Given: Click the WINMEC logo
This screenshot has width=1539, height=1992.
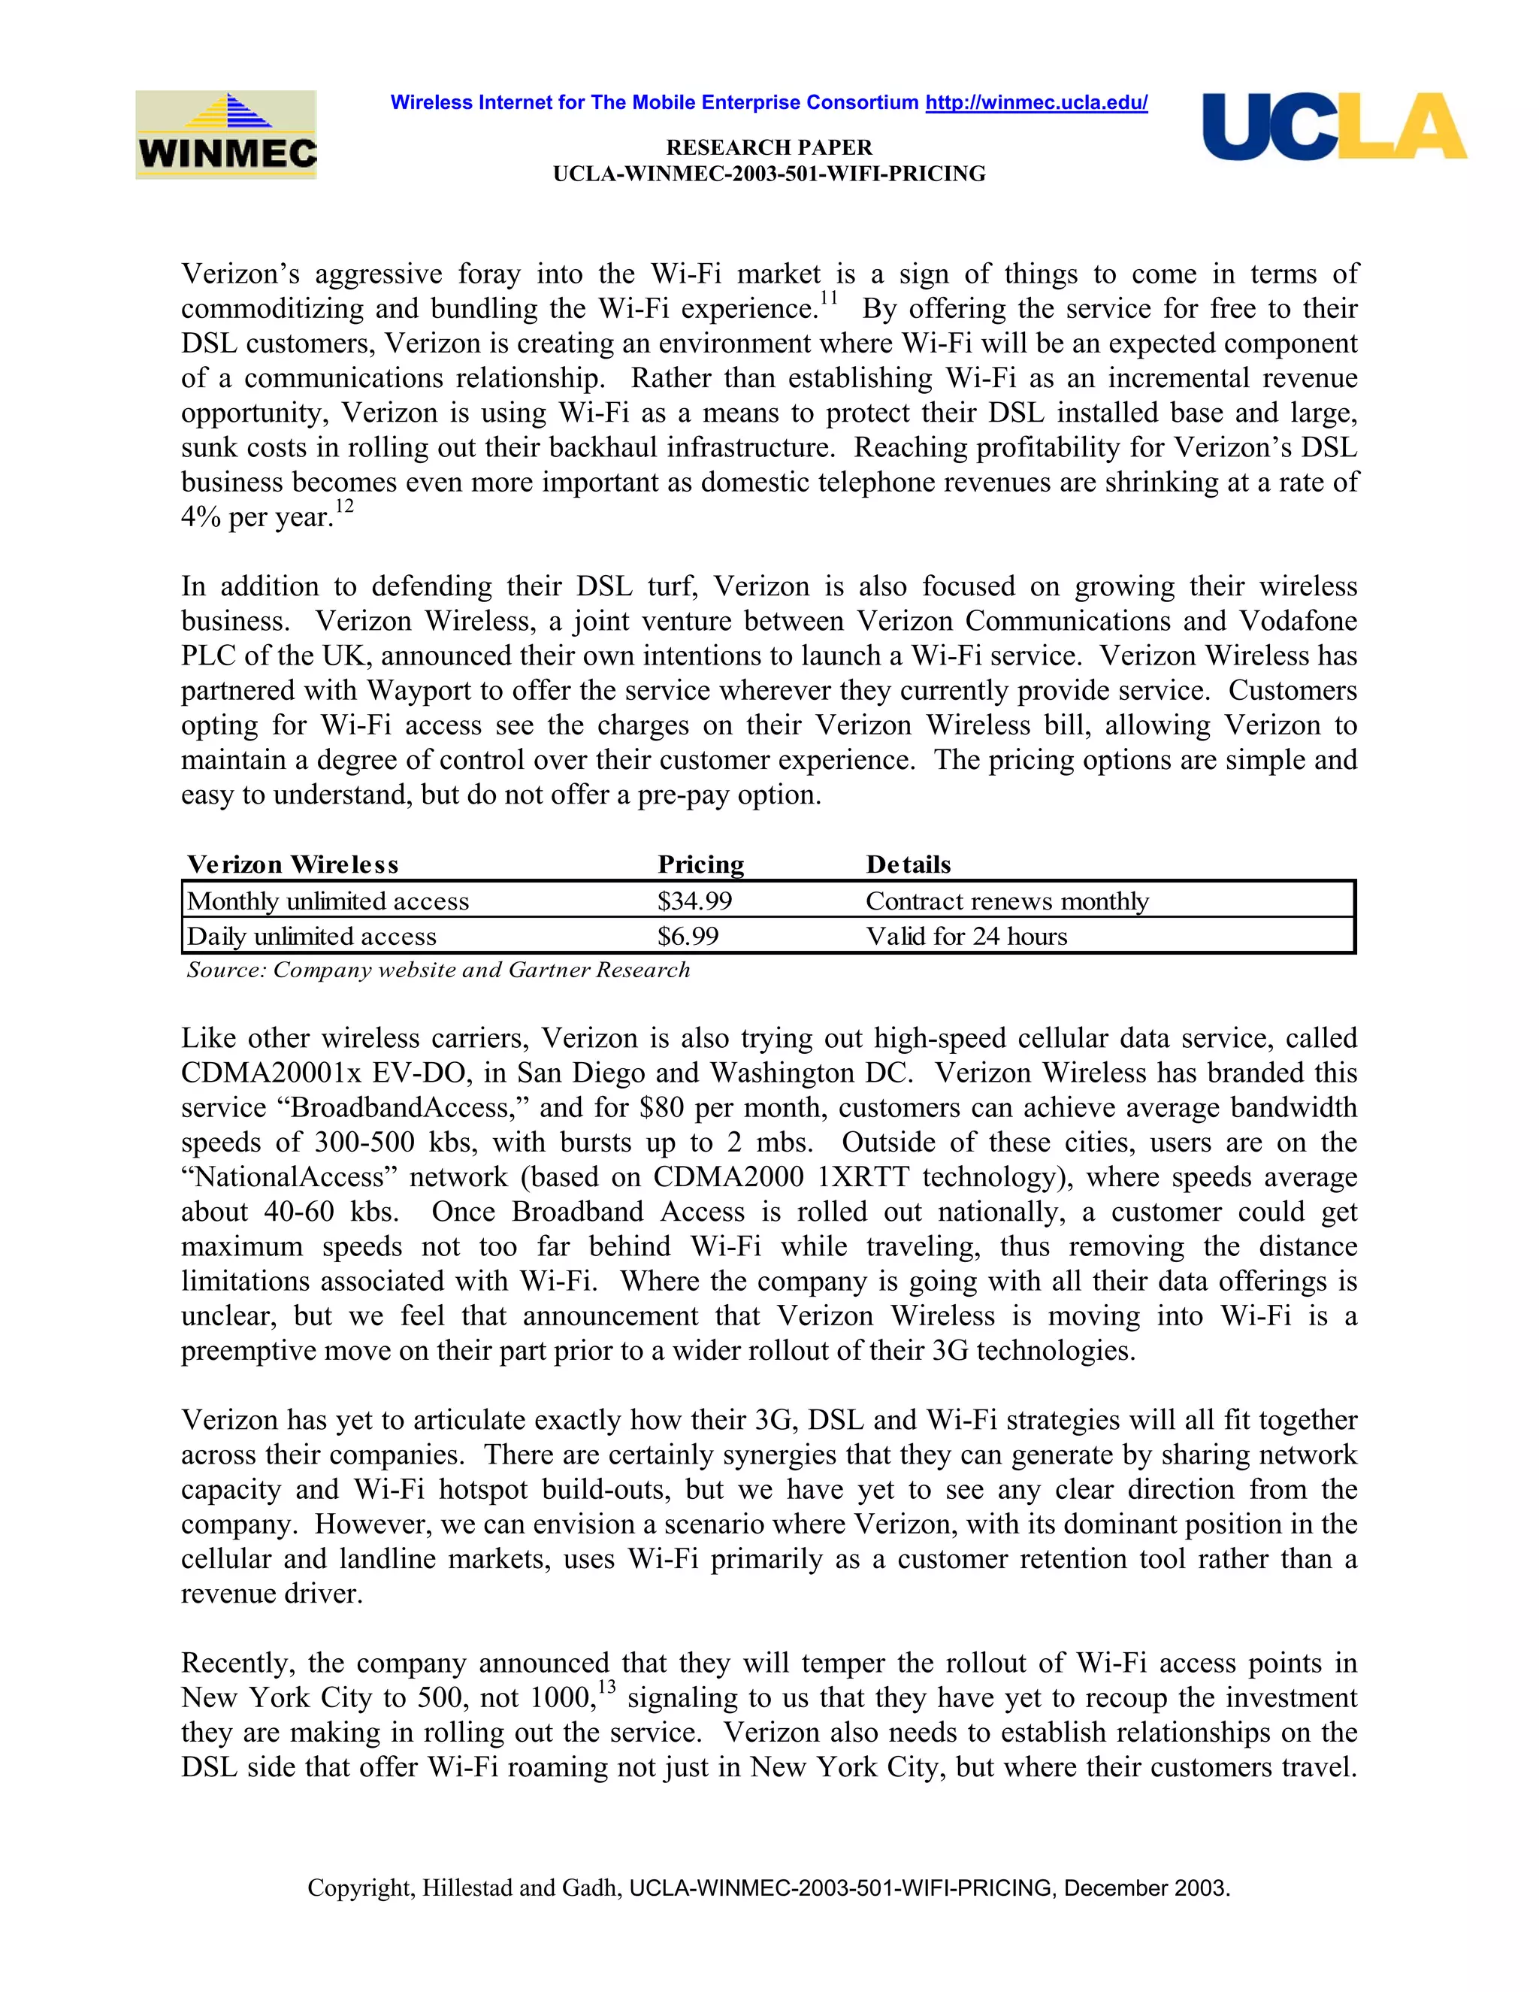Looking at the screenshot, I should [226, 135].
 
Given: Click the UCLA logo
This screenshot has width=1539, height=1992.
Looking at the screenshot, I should [1334, 127].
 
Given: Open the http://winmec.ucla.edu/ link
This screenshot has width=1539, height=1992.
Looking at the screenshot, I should [1036, 103].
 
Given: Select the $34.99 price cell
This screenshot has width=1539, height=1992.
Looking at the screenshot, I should [695, 901].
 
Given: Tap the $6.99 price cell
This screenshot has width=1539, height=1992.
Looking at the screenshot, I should [688, 937].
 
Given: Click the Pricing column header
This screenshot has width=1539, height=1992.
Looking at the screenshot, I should [700, 864].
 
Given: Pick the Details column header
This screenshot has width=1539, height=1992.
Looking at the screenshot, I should [908, 864].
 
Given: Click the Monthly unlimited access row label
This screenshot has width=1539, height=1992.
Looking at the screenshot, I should [328, 901].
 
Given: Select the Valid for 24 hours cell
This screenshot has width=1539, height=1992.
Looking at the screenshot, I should [966, 937].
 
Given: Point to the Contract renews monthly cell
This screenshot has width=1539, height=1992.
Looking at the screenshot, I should [1006, 901].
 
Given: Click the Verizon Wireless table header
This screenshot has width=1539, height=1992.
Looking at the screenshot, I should [292, 864].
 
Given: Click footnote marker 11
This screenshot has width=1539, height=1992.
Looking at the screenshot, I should [828, 298].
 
